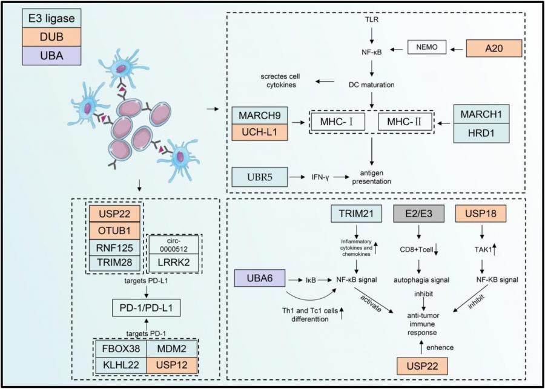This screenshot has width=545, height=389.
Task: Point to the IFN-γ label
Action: [317, 178]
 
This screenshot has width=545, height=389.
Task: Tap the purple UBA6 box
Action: [260, 280]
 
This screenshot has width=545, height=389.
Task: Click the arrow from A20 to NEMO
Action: [458, 46]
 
